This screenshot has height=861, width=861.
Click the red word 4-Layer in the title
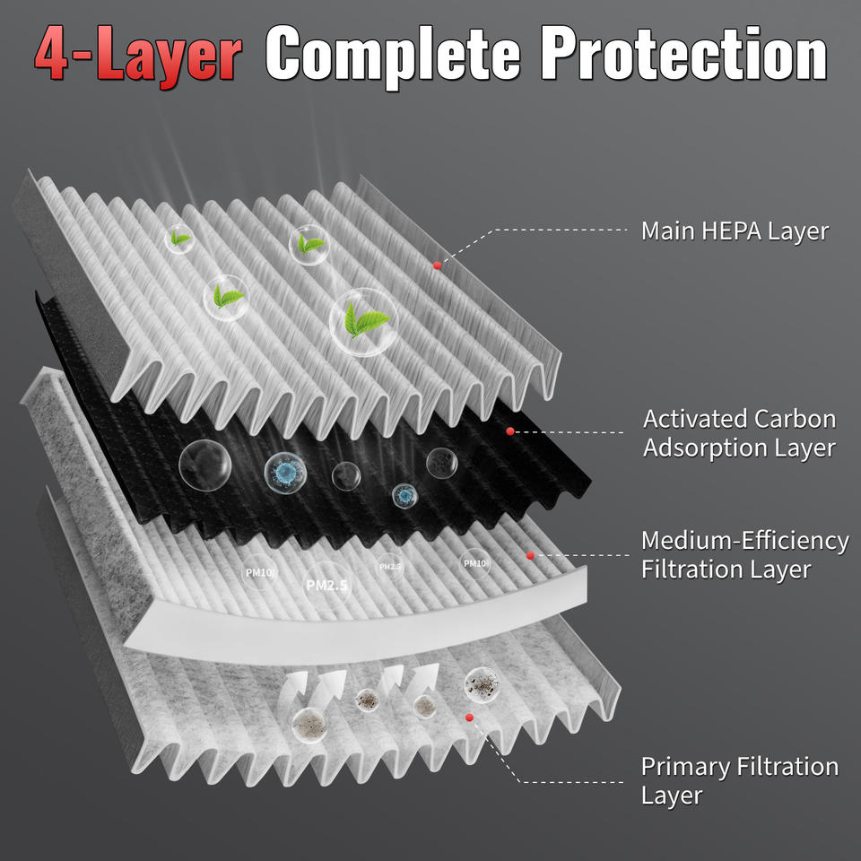(x=138, y=56)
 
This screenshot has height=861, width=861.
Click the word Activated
(x=695, y=419)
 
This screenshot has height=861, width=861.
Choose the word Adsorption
(x=705, y=448)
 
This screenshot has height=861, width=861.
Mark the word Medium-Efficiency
(x=745, y=542)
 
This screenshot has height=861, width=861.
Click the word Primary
(x=685, y=768)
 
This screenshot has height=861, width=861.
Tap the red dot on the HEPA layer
(x=437, y=265)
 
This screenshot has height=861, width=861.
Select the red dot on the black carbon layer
(x=510, y=431)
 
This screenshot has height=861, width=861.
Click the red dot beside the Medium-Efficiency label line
(x=530, y=556)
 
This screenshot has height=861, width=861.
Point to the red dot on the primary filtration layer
(x=469, y=717)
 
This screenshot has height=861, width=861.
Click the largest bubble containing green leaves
(x=363, y=322)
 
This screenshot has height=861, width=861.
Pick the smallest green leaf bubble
(x=179, y=239)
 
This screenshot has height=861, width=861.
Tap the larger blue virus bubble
(x=285, y=473)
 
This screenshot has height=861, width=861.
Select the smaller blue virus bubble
(x=404, y=496)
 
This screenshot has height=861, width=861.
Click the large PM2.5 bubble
(x=327, y=586)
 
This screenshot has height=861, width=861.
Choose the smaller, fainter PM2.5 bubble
(x=390, y=567)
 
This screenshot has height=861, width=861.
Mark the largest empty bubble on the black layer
(x=204, y=465)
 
